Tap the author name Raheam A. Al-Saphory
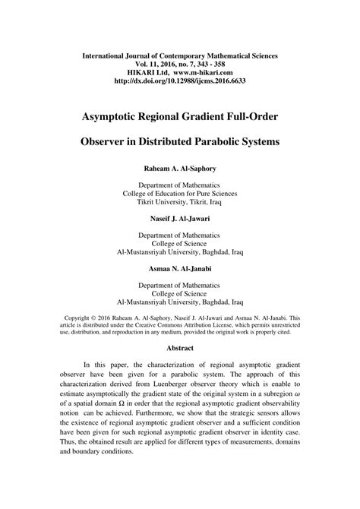tap(179, 166)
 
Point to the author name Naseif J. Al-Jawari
tap(179, 218)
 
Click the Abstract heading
tap(179, 348)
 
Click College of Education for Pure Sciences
tap(179, 194)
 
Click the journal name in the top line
tap(179, 56)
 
